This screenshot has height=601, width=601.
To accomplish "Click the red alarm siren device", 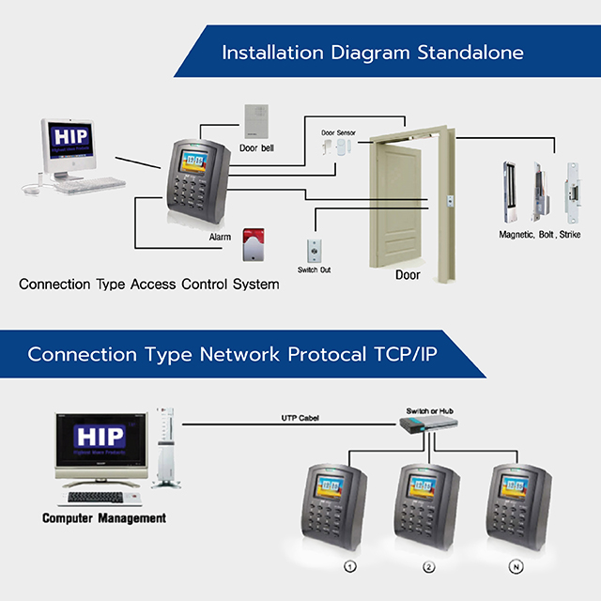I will pyautogui.click(x=251, y=246).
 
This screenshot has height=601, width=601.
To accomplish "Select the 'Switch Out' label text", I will pyautogui.click(x=314, y=270).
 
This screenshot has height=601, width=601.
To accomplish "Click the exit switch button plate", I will pyautogui.click(x=314, y=250).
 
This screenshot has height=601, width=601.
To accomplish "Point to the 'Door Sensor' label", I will pyautogui.click(x=339, y=133).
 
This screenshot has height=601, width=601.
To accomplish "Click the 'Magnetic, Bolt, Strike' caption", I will pyautogui.click(x=539, y=234).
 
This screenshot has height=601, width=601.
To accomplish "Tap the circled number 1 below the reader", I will pyautogui.click(x=350, y=567).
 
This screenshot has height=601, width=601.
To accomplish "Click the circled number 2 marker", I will pyautogui.click(x=429, y=567).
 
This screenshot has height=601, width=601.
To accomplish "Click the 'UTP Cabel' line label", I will pyautogui.click(x=300, y=417).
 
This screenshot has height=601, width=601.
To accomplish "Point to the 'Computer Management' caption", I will pyautogui.click(x=104, y=517).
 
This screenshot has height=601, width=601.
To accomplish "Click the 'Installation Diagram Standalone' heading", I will pyautogui.click(x=372, y=52).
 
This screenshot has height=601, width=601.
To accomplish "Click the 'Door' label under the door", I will pyautogui.click(x=407, y=275).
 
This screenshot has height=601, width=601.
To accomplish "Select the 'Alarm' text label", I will pyautogui.click(x=220, y=238).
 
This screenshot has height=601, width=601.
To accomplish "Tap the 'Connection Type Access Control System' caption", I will pyautogui.click(x=148, y=284).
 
